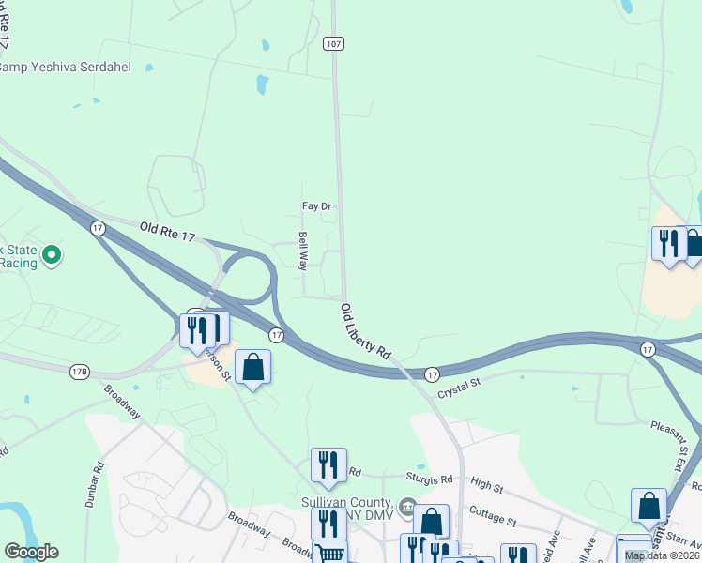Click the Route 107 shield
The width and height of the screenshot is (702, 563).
click(333, 43)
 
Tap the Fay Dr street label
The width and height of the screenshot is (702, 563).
click(316, 206)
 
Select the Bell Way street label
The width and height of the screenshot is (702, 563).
click(303, 251)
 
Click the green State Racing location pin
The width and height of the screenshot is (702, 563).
click(53, 254)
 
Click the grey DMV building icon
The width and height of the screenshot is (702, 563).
click(406, 507)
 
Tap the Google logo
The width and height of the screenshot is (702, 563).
click(31, 552)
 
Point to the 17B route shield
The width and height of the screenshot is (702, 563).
click(79, 373)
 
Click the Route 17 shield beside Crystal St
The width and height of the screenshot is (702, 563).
click(432, 373)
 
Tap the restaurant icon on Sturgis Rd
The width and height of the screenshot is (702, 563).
click(328, 464)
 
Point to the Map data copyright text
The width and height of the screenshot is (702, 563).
click(662, 555)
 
